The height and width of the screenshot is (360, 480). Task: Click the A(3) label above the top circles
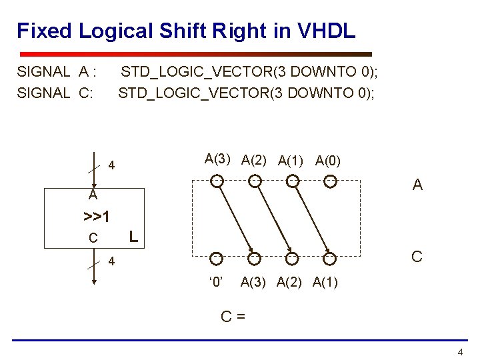coord(218,159)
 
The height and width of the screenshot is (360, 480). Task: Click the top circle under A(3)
coord(217,180)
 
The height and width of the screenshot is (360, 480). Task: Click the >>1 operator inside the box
coord(97,217)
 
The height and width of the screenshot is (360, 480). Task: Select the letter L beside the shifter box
coord(134,236)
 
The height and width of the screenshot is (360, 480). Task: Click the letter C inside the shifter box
coord(93,238)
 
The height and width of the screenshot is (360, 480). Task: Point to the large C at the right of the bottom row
coord(417,256)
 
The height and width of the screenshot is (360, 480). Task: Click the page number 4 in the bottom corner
coord(459,351)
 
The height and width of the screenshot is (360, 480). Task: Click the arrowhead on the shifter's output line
coord(94,281)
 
